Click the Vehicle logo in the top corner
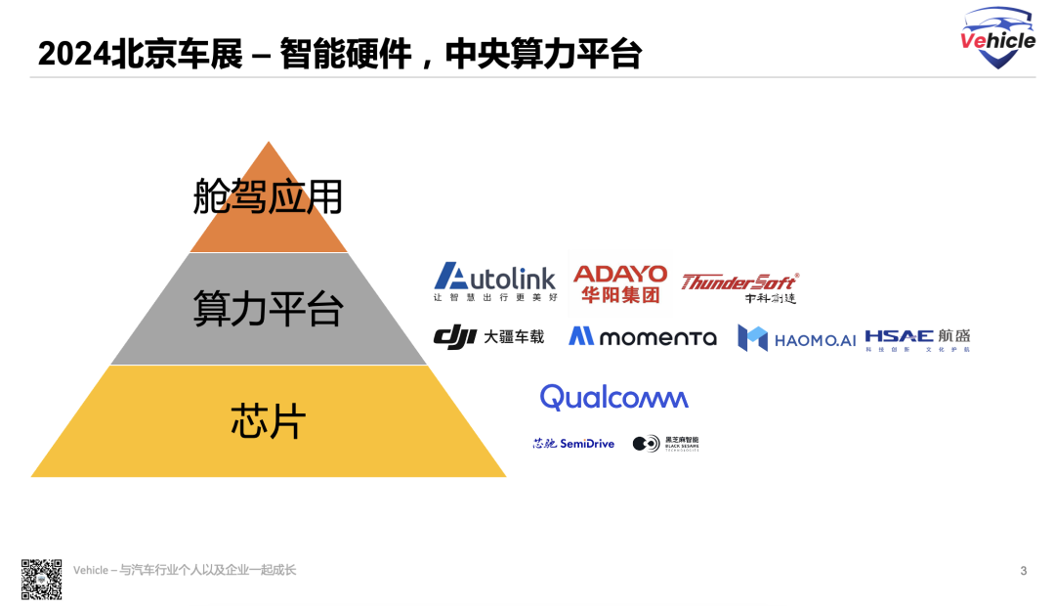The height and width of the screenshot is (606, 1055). (997, 38)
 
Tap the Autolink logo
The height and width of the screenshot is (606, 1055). (494, 281)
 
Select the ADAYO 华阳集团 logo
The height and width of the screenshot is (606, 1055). (619, 283)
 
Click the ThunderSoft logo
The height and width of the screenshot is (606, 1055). (739, 286)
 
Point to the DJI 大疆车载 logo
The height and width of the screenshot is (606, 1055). (488, 337)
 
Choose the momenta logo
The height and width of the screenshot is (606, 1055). (643, 337)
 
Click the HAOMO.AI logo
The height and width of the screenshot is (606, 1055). (796, 338)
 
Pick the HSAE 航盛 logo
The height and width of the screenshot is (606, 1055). (917, 338)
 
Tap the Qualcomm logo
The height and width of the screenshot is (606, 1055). (614, 398)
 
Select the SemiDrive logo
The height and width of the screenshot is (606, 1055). (573, 444)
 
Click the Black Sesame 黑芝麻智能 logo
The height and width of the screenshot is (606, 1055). (665, 444)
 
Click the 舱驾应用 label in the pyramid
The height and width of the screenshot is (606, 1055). (269, 197)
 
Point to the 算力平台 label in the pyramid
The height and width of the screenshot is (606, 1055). (269, 309)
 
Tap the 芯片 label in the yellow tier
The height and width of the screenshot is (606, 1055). (269, 421)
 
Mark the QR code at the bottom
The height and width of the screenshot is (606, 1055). (42, 579)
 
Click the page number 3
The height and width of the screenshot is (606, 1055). (1023, 571)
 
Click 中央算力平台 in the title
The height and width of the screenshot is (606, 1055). (543, 54)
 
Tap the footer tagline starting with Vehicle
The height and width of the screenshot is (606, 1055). (185, 570)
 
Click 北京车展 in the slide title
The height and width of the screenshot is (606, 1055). (178, 54)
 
